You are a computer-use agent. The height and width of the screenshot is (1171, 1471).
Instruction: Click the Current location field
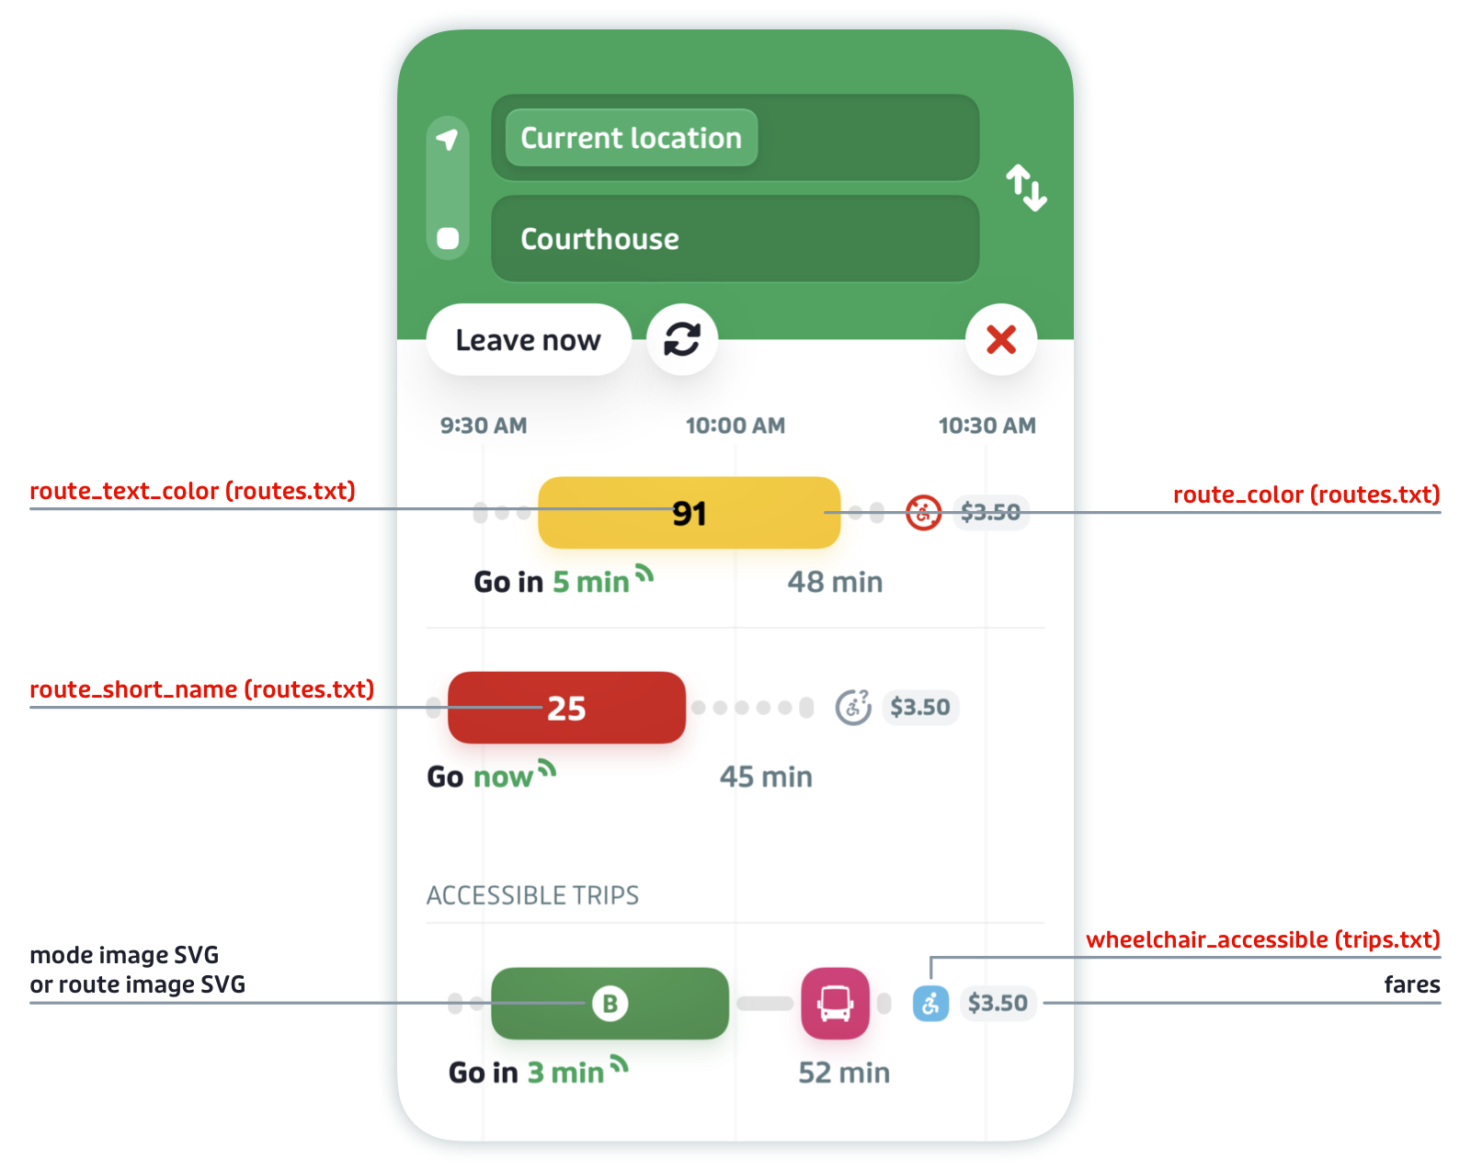[x=735, y=138]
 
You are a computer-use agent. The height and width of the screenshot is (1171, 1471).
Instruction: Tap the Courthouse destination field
[x=735, y=239]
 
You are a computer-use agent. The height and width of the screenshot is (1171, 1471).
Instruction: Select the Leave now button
[x=529, y=340]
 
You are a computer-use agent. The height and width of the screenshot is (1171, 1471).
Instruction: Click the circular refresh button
[x=682, y=340]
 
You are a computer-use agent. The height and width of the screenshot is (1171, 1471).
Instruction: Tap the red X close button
[x=1001, y=340]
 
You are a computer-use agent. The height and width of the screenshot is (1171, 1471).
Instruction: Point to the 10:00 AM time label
[x=735, y=426]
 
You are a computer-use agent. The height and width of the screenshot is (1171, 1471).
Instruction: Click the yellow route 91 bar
[x=689, y=513]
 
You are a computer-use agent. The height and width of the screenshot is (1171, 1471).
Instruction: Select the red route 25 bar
[x=566, y=708]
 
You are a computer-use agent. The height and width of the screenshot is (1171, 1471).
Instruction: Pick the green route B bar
[x=610, y=1004]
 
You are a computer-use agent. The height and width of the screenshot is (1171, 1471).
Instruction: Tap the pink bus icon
[x=835, y=1004]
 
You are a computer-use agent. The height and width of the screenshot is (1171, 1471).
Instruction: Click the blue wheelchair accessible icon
[x=930, y=1004]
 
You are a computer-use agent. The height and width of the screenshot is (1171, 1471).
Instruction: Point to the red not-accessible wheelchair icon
[x=923, y=513]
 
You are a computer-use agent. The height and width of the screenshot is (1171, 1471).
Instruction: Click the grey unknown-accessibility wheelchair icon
[x=853, y=708]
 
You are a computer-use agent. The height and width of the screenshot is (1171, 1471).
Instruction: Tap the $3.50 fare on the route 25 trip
[x=920, y=708]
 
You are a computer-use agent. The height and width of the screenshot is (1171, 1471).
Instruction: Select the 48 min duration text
[x=835, y=583]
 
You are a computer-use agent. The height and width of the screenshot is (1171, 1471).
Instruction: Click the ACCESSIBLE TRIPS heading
[x=532, y=895]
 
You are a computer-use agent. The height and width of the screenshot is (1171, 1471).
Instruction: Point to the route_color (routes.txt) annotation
[x=1306, y=495]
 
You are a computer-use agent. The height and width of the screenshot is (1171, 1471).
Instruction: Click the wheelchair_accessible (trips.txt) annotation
[x=1262, y=940]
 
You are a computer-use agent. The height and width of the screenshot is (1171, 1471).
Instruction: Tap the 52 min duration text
[x=844, y=1073]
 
